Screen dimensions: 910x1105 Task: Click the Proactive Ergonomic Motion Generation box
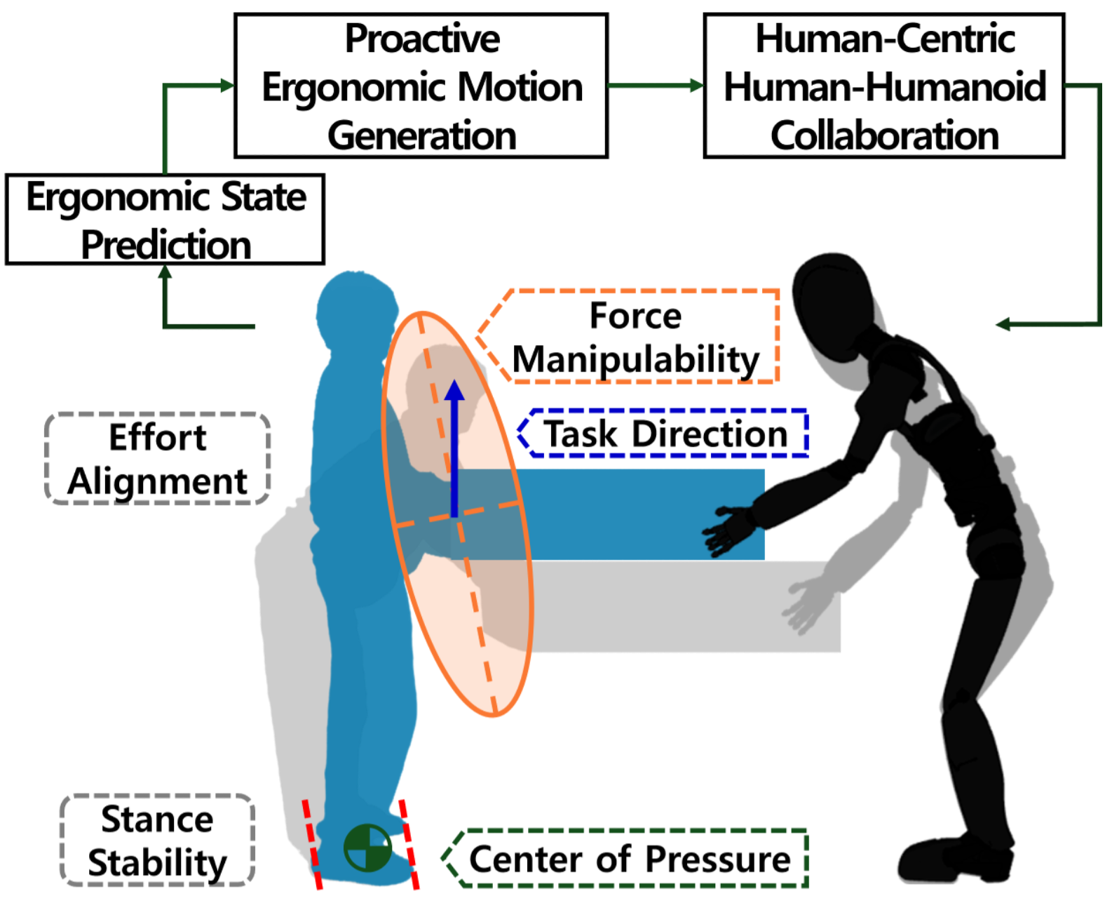pyautogui.click(x=421, y=86)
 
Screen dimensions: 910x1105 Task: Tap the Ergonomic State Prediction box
pyautogui.click(x=165, y=220)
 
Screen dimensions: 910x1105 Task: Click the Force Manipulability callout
pyautogui.click(x=635, y=337)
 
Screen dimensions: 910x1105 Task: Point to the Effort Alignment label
pyautogui.click(x=158, y=459)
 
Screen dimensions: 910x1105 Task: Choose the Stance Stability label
pyautogui.click(x=158, y=840)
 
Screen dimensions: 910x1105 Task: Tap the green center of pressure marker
pyautogui.click(x=367, y=848)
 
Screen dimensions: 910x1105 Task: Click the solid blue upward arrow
pyautogui.click(x=454, y=449)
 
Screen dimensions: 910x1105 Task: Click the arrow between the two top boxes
pyautogui.click(x=656, y=86)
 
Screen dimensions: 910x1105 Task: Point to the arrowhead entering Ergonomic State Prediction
pyautogui.click(x=165, y=272)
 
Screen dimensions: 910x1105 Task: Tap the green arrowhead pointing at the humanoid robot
pyautogui.click(x=1004, y=324)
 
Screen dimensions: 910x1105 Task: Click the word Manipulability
pyautogui.click(x=635, y=360)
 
